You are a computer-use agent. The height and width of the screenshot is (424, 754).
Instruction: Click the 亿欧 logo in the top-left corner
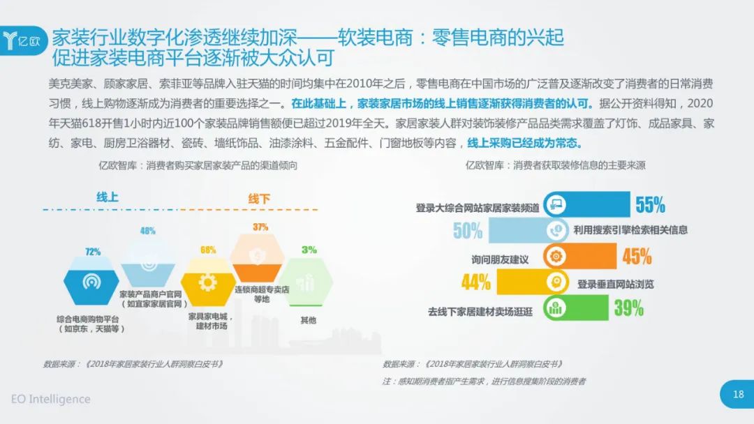23,41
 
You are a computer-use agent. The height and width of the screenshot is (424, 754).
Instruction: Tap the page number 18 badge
737,394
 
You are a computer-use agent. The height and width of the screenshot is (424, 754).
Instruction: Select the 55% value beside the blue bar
650,204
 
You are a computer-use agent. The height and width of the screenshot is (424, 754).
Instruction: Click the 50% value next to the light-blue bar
467,231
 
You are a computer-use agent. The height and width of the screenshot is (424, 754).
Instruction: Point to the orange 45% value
637,257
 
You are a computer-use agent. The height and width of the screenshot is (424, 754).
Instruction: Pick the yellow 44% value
475,282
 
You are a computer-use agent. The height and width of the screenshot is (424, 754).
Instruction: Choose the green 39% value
628,308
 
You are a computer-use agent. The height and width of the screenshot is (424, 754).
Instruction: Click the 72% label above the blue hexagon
93,252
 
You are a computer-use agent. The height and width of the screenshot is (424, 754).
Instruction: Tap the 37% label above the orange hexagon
260,227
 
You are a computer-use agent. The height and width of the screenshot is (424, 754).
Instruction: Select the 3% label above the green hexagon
309,250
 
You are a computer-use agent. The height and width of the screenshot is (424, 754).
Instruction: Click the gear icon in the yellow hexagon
208,282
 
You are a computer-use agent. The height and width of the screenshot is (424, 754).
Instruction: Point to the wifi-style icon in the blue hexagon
91,281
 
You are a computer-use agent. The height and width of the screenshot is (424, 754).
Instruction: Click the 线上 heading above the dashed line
108,197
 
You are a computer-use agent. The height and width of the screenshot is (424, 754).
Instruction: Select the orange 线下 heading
259,198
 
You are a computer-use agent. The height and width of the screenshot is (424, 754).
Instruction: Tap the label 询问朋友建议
500,260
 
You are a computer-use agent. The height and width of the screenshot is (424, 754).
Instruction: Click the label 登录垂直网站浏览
616,285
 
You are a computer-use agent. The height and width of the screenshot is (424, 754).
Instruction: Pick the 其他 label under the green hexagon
309,320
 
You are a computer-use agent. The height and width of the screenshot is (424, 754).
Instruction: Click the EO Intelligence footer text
50,399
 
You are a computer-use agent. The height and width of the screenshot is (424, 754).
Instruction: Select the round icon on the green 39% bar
556,308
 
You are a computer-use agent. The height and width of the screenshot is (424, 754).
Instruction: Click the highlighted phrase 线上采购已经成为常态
524,143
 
